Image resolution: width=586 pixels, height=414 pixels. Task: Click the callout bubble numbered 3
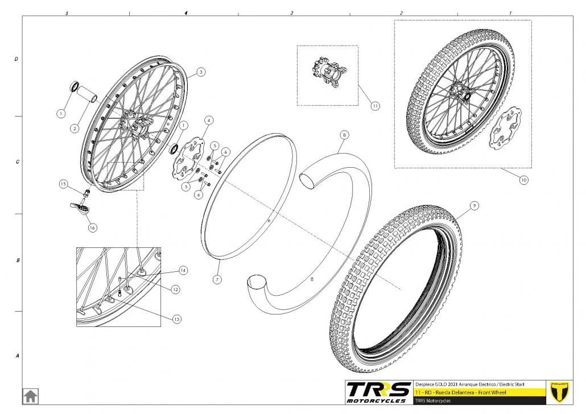pyautogui.click(x=201, y=72)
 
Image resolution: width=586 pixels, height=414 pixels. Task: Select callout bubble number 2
pyautogui.click(x=75, y=129)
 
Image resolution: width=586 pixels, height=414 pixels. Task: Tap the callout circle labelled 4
pyautogui.click(x=209, y=121)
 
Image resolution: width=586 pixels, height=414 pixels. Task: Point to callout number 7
pyautogui.click(x=217, y=279)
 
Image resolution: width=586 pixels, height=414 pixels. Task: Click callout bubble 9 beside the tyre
pyautogui.click(x=474, y=205)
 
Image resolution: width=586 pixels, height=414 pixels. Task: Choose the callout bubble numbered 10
pyautogui.click(x=523, y=180)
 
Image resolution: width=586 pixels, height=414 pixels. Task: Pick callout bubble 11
pyautogui.click(x=375, y=106)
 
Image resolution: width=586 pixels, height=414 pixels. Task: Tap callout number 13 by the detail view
pyautogui.click(x=177, y=319)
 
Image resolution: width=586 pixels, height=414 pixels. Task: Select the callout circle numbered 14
pyautogui.click(x=183, y=270)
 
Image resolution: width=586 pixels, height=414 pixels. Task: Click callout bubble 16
pyautogui.click(x=92, y=227)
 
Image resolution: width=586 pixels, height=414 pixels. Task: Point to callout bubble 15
pyautogui.click(x=63, y=184)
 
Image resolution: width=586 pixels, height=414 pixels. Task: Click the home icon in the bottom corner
pyautogui.click(x=30, y=396)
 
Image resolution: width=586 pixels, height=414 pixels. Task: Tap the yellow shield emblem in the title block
pyautogui.click(x=559, y=392)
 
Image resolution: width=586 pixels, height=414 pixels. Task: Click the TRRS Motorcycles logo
pyautogui.click(x=378, y=392)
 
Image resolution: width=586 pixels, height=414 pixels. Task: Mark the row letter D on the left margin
pyautogui.click(x=16, y=59)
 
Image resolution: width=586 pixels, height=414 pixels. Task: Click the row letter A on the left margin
pyautogui.click(x=17, y=356)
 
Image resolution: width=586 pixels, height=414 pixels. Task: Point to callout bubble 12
pyautogui.click(x=175, y=289)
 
